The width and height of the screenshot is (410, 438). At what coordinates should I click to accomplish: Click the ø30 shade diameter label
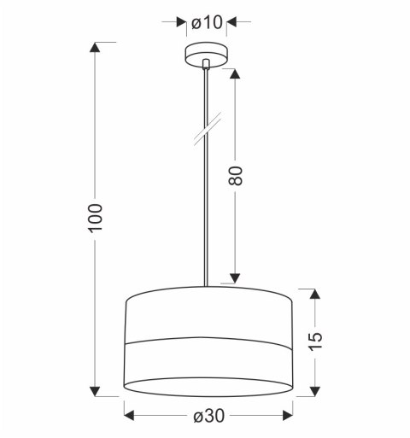pyautogui.click(x=209, y=416)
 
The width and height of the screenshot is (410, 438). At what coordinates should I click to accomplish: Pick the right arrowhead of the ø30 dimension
pyautogui.click(x=288, y=416)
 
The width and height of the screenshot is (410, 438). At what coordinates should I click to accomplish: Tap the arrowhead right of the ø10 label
pyautogui.click(x=235, y=20)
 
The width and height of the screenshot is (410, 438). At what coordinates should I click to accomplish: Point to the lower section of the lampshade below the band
pyautogui.click(x=209, y=371)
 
